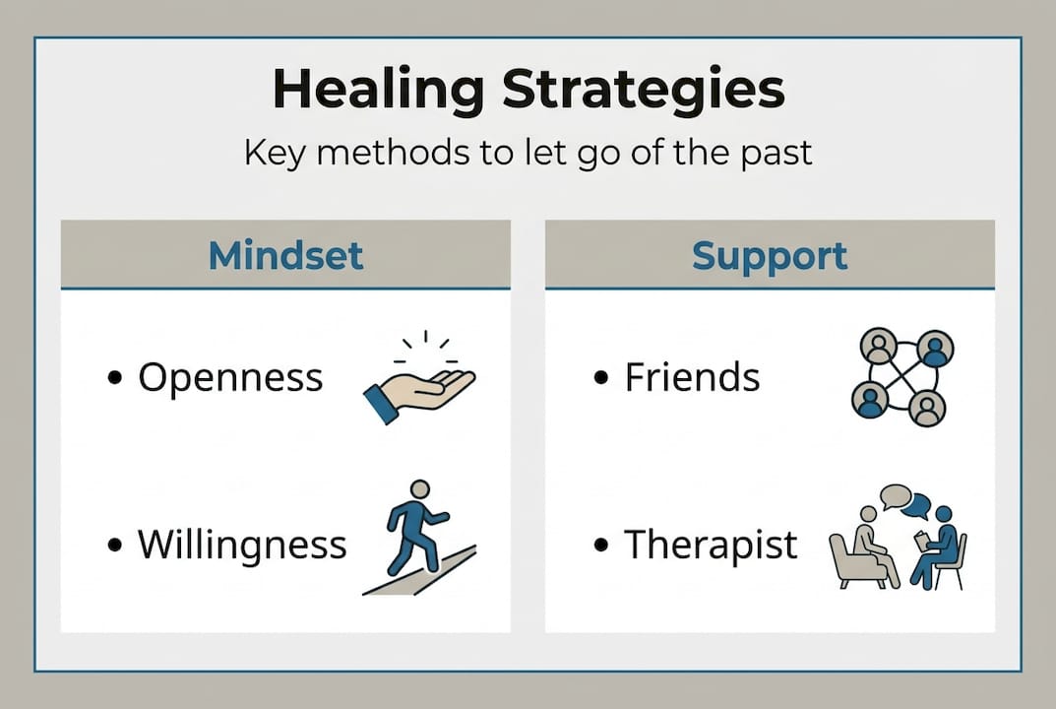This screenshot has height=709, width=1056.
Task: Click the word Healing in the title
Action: [x=379, y=91]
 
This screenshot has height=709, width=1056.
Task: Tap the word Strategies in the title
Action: [x=643, y=91]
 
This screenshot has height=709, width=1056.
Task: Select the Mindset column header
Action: [x=285, y=255]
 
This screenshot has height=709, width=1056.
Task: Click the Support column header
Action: [x=769, y=255]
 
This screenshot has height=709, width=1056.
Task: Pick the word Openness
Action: [x=230, y=377]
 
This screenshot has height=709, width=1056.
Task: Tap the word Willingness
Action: [x=242, y=545]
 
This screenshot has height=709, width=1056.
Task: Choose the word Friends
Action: [x=692, y=377]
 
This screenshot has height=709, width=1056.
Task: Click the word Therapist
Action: [x=711, y=545]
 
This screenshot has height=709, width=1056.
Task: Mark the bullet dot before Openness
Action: [x=116, y=378]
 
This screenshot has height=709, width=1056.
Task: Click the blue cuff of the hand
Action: [x=381, y=404]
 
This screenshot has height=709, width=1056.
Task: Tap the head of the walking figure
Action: [x=420, y=489]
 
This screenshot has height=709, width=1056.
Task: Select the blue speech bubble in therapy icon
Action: [x=916, y=506]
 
